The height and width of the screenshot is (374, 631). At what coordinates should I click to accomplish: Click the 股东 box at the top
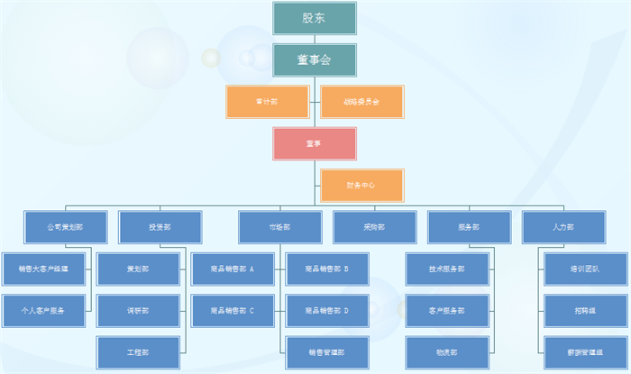pyautogui.click(x=314, y=18)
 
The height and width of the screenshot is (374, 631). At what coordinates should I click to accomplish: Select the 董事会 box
pyautogui.click(x=314, y=59)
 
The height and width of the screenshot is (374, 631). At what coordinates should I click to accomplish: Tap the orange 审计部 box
pyautogui.click(x=268, y=102)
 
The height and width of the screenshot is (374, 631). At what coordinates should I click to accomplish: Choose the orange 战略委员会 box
pyautogui.click(x=361, y=102)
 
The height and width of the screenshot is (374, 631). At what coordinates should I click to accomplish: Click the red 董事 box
pyautogui.click(x=314, y=143)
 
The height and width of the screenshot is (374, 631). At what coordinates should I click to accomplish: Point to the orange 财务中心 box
pyautogui.click(x=361, y=185)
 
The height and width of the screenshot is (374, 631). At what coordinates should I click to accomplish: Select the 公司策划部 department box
pyautogui.click(x=66, y=227)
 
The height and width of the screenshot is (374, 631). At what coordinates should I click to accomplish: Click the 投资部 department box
pyautogui.click(x=160, y=227)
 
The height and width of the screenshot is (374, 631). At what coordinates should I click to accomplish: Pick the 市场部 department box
pyautogui.click(x=279, y=227)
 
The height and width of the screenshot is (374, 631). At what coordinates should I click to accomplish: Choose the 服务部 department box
pyautogui.click(x=469, y=227)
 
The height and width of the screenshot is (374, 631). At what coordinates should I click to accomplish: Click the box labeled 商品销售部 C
pyautogui.click(x=233, y=311)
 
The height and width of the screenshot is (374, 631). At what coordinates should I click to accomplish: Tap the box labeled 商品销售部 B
pyautogui.click(x=327, y=269)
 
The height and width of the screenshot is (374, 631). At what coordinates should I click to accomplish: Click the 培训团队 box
pyautogui.click(x=585, y=269)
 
